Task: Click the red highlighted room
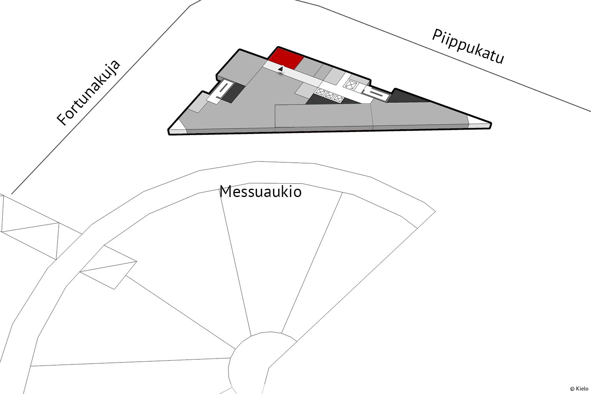click(286, 59)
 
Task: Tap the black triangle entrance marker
click(281, 69)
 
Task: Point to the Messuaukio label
click(260, 191)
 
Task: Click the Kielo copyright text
click(579, 388)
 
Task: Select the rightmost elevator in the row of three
click(338, 98)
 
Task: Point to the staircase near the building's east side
click(375, 94)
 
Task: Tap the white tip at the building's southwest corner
click(178, 127)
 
